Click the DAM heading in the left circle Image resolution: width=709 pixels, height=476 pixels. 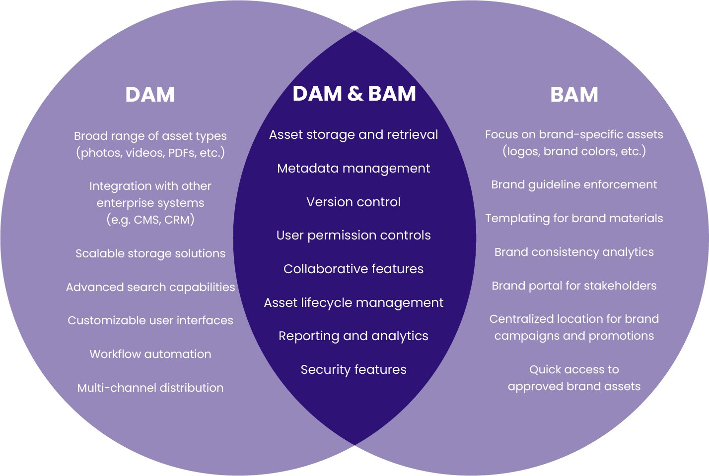point(150,95)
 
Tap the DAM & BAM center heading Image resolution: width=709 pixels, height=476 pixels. point(354,94)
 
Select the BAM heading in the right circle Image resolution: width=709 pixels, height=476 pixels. point(574,95)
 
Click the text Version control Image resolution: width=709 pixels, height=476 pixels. point(354,202)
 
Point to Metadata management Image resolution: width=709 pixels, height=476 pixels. point(354,169)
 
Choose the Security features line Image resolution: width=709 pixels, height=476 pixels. point(354,369)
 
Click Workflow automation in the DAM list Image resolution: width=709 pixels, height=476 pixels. point(150,354)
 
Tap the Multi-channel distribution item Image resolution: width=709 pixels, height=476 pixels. point(150,388)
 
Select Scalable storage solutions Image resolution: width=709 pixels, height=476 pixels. point(150,253)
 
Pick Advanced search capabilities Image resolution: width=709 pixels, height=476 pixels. point(150,287)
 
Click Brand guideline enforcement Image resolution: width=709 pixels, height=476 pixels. point(574,184)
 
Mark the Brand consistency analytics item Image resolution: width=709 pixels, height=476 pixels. point(574,252)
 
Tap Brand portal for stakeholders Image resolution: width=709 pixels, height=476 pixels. point(574,286)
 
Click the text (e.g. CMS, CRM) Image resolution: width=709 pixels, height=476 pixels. point(150,220)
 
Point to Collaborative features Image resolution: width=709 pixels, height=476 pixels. point(354,269)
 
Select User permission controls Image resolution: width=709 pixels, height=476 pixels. point(354,235)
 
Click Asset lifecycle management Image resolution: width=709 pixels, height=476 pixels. point(354,302)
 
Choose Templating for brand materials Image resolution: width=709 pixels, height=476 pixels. point(574,218)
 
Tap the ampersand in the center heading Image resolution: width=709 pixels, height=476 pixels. point(355,94)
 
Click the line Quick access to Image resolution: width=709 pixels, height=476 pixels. point(574,369)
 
